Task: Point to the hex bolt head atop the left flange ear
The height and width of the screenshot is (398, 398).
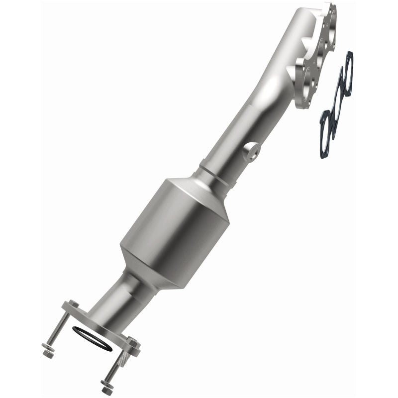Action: (73, 304)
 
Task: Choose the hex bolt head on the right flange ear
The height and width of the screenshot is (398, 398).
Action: (133, 342)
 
